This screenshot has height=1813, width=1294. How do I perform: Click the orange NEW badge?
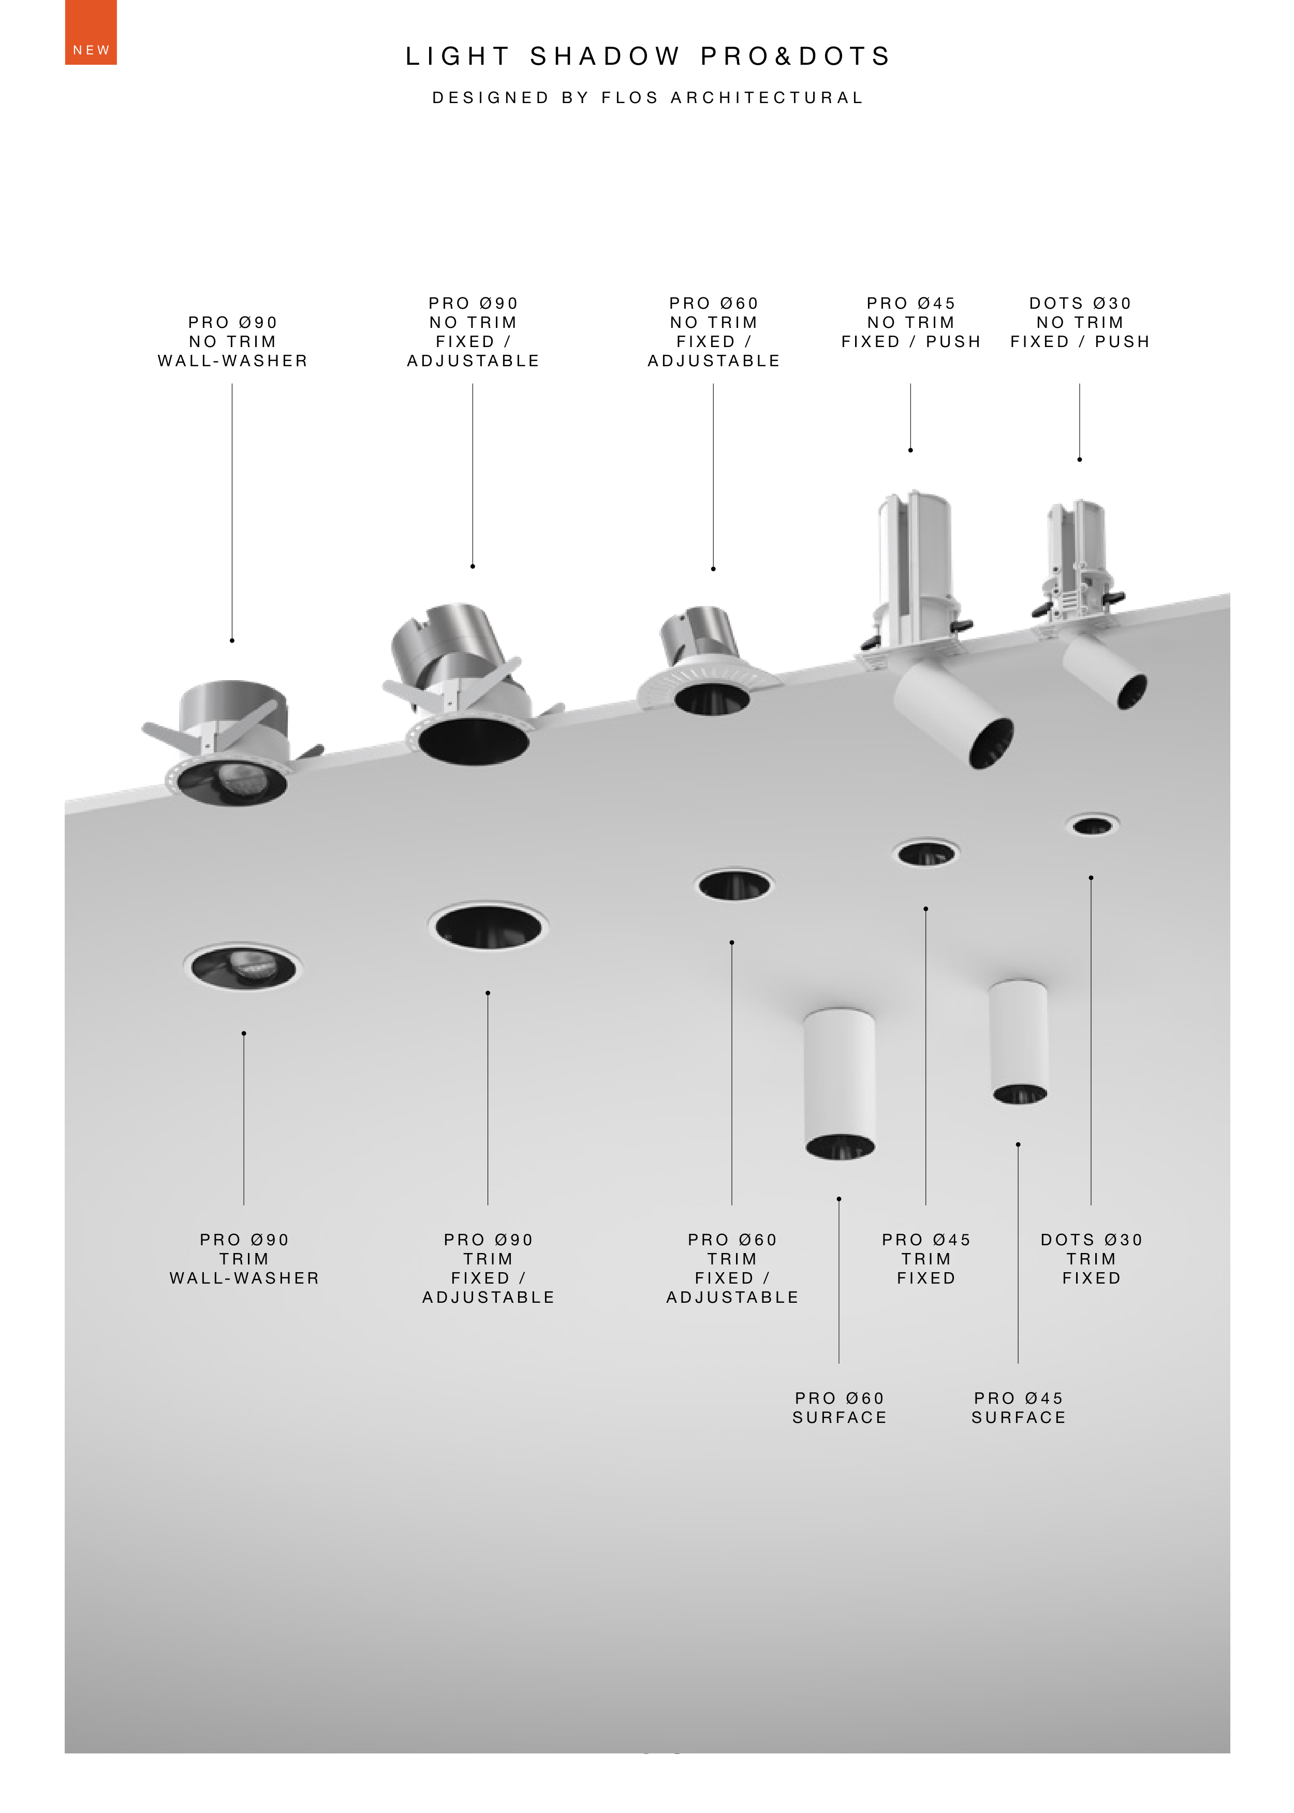pyautogui.click(x=91, y=32)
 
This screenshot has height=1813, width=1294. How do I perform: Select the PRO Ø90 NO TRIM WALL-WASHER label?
pyautogui.click(x=233, y=342)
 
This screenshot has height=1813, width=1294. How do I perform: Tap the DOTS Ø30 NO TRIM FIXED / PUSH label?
pyautogui.click(x=1080, y=323)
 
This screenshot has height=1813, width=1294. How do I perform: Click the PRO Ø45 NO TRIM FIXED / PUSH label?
pyautogui.click(x=911, y=323)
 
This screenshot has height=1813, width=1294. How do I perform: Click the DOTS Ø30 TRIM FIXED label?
pyautogui.click(x=1092, y=1259)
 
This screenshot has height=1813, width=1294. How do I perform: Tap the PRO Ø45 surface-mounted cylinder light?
pyautogui.click(x=1018, y=1041)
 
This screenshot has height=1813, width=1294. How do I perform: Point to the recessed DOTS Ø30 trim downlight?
pyautogui.click(x=1093, y=825)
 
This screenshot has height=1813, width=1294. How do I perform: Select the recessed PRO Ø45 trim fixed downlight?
pyautogui.click(x=926, y=853)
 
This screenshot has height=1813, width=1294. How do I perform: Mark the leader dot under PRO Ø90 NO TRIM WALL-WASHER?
pyautogui.click(x=232, y=640)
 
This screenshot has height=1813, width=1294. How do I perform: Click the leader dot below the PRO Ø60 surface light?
pyautogui.click(x=839, y=1198)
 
